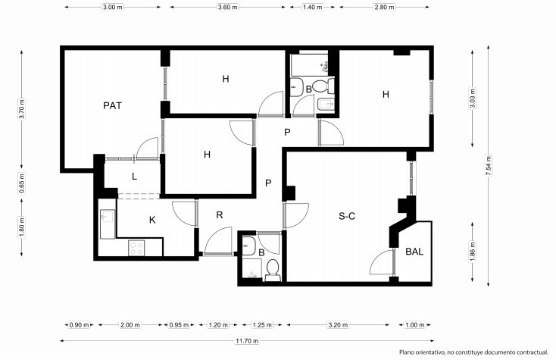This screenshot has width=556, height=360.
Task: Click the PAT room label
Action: pyautogui.click(x=112, y=105)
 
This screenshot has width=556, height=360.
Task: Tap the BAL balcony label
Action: pyautogui.click(x=414, y=252)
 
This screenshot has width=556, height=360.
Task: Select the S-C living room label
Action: pyautogui.click(x=347, y=216)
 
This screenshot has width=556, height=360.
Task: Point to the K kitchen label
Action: pyautogui.click(x=152, y=220)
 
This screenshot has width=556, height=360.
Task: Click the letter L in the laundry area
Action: pyautogui.click(x=134, y=177)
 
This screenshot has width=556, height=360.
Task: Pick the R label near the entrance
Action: pyautogui.click(x=220, y=215)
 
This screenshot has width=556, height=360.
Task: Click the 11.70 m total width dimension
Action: pyautogui.click(x=247, y=341)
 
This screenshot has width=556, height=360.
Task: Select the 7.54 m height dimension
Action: pyautogui.click(x=489, y=166)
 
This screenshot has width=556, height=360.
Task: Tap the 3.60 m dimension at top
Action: pyautogui.click(x=228, y=7)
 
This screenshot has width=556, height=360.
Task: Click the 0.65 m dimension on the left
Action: pyautogui.click(x=22, y=183)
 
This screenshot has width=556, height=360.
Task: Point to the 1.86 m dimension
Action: pyautogui.click(x=473, y=252)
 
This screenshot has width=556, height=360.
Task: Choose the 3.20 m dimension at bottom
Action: pyautogui.click(x=338, y=324)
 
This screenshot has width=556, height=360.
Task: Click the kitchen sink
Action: pyautogui.click(x=108, y=219)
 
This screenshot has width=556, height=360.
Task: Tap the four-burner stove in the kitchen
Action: pyautogui.click(x=136, y=248)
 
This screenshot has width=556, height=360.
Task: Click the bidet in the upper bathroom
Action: pyautogui.click(x=326, y=105)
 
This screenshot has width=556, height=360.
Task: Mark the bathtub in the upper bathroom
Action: pyautogui.click(x=309, y=65)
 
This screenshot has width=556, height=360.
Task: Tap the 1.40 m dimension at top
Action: pyautogui.click(x=312, y=7)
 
